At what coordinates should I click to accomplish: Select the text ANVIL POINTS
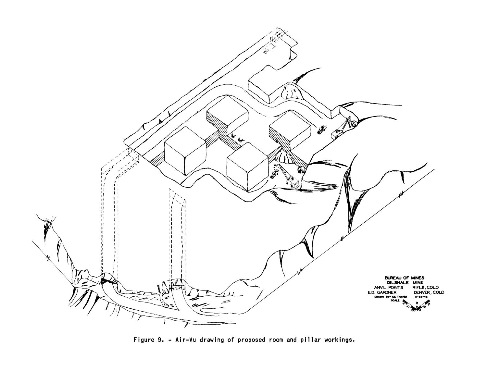tap(389, 287)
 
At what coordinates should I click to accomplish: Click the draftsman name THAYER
tap(400, 296)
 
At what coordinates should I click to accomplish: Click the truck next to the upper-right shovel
tap(322, 129)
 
